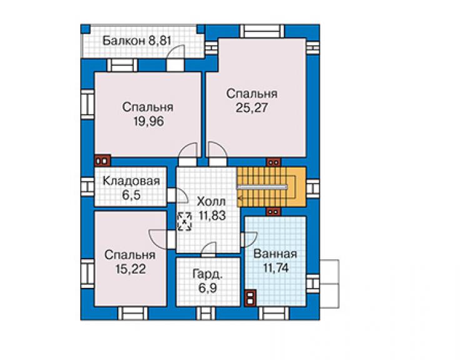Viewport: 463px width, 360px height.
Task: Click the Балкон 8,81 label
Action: tap(137, 41)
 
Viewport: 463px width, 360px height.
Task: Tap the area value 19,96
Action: tap(148, 121)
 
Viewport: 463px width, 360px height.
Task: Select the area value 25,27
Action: tap(252, 108)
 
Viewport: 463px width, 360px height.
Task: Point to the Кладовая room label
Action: tap(131, 181)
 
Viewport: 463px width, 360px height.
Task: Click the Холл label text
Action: tap(211, 202)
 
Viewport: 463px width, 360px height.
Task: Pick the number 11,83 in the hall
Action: tap(212, 215)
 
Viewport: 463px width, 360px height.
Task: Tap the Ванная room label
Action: tap(275, 254)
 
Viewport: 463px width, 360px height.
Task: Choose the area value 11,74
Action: tap(276, 268)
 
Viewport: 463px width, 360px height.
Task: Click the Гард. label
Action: tap(208, 274)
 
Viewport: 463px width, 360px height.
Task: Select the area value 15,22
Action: tap(131, 269)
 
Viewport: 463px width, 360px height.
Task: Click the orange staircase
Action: tap(272, 187)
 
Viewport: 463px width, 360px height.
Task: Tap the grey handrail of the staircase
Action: tap(262, 187)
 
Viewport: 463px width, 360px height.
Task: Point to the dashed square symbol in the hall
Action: tap(184, 221)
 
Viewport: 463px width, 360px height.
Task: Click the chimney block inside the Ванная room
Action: tap(250, 297)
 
